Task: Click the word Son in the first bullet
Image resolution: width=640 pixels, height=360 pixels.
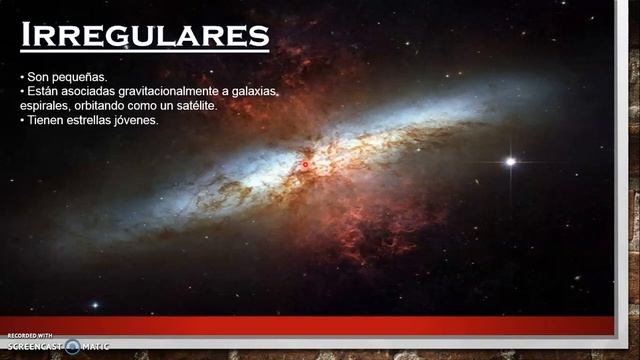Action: point(37,77)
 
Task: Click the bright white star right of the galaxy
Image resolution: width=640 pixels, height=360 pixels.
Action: point(510,161)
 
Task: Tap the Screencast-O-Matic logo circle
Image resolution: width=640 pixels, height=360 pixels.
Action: point(72,347)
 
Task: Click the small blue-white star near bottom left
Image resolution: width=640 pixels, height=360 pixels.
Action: point(95,305)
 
